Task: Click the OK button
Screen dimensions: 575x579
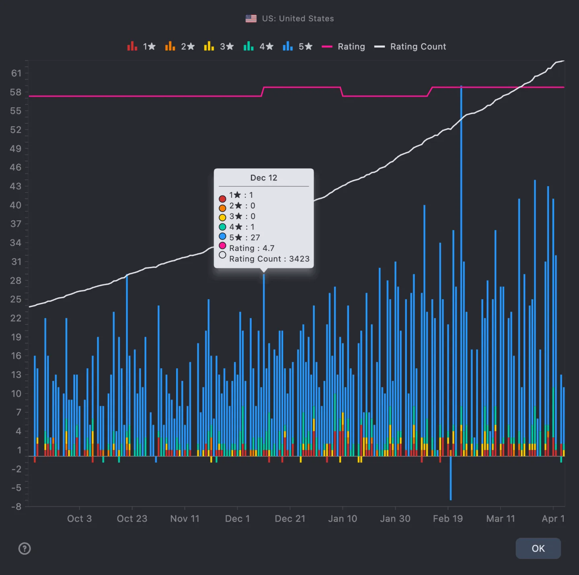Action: pos(538,548)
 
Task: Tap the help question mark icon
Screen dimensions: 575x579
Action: pos(25,548)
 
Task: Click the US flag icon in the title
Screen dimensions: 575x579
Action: pos(251,18)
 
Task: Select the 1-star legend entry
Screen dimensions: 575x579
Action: pos(141,47)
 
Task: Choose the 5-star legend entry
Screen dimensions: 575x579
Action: pos(298,47)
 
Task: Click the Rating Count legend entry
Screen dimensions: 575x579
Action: pos(410,47)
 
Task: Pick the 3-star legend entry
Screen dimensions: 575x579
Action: pos(219,47)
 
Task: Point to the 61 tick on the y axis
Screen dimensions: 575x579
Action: pos(16,73)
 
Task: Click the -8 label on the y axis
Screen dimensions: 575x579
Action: pos(16,507)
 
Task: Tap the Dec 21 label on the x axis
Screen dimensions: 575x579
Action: pos(290,519)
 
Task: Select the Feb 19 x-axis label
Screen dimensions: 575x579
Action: pos(448,519)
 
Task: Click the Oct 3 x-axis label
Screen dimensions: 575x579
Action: pos(79,519)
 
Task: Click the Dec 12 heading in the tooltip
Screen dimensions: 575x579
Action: pos(264,178)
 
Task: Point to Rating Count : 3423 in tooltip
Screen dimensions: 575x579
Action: pos(269,259)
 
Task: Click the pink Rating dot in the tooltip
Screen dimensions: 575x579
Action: pos(222,246)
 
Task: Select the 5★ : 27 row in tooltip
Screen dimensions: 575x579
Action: pos(244,238)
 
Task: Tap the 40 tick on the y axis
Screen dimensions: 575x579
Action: pos(16,205)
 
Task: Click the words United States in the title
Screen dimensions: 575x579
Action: pos(306,18)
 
